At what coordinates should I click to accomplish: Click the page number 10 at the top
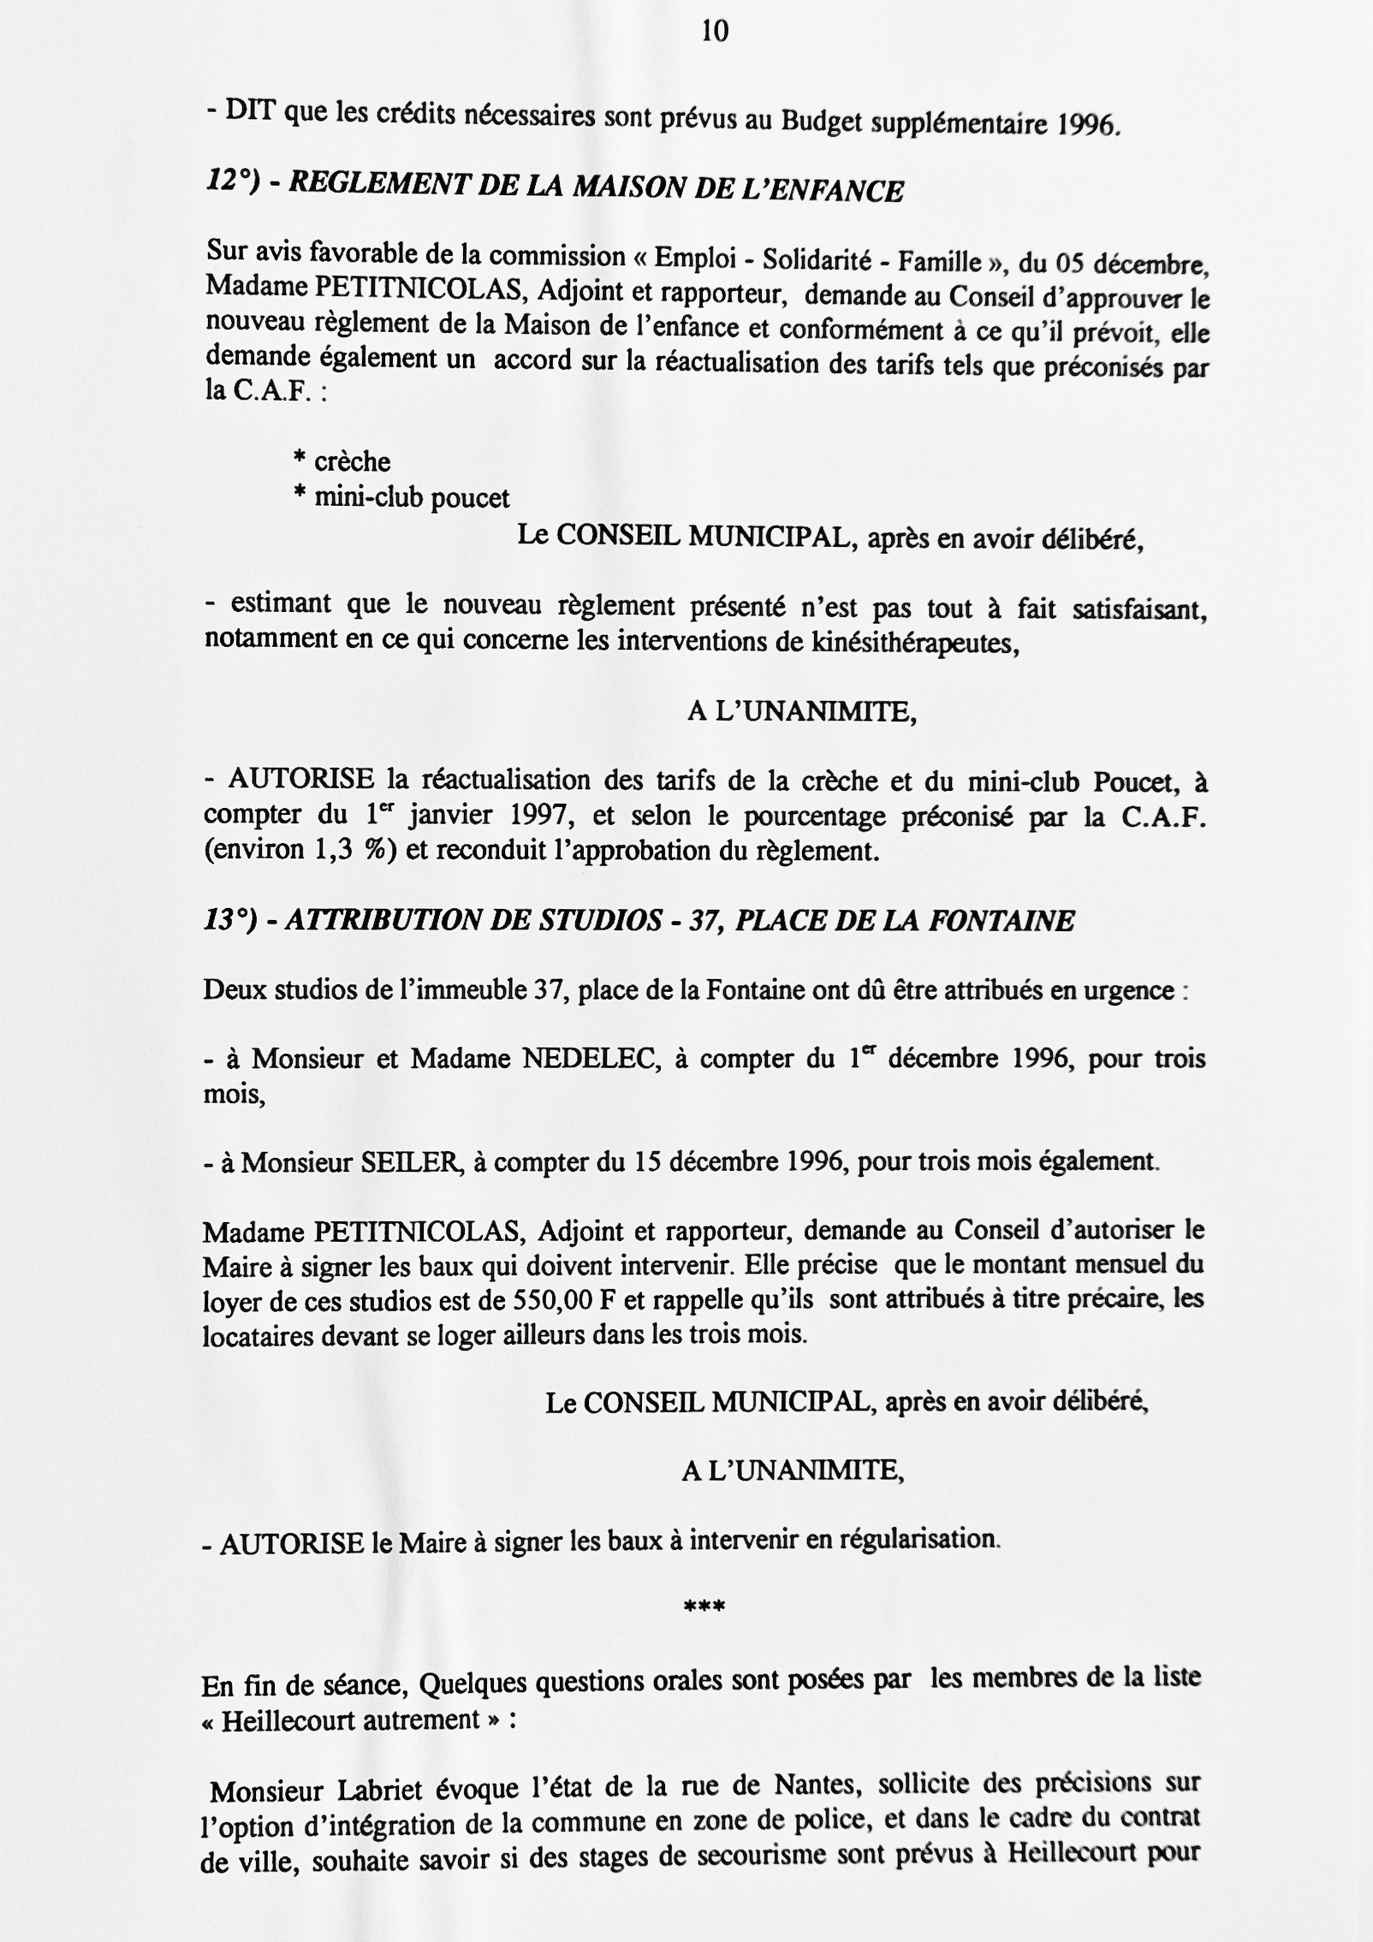[x=715, y=33]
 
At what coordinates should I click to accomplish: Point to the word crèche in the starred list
[x=352, y=462]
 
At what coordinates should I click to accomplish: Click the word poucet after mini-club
[x=470, y=498]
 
